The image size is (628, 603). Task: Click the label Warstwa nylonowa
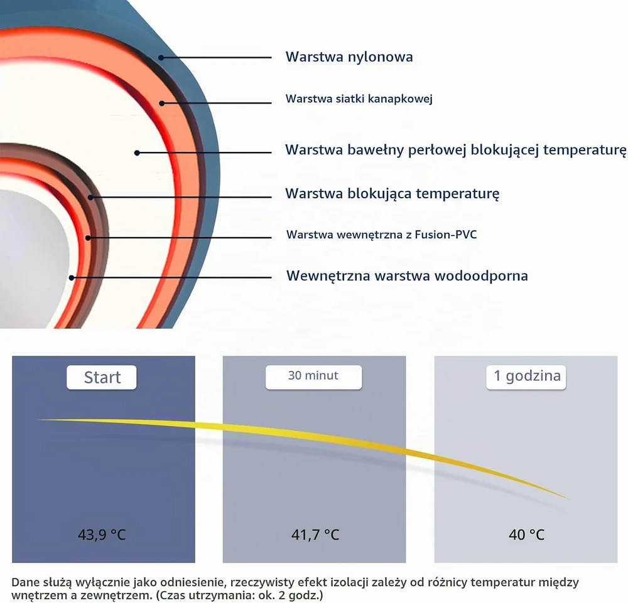coord(349,57)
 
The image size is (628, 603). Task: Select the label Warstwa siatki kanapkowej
coord(359,99)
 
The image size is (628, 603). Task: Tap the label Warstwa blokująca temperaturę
coord(392,194)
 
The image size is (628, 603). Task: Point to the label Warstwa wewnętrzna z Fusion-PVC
coord(381,235)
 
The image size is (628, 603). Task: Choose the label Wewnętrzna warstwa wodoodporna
coord(407,275)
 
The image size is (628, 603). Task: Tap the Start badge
coord(102,377)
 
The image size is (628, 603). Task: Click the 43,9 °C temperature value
coord(102,535)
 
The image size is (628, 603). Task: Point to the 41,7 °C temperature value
coord(315,535)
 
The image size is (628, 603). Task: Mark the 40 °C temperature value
coord(526,535)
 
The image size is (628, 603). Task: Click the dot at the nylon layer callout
coord(161,58)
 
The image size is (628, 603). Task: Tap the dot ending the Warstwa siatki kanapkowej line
coord(162,104)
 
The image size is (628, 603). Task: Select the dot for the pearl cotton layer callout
coord(137,153)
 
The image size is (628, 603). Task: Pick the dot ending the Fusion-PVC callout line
coord(88,238)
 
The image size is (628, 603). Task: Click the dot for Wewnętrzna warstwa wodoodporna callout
coord(72,278)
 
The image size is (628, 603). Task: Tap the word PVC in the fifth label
coord(467,234)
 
